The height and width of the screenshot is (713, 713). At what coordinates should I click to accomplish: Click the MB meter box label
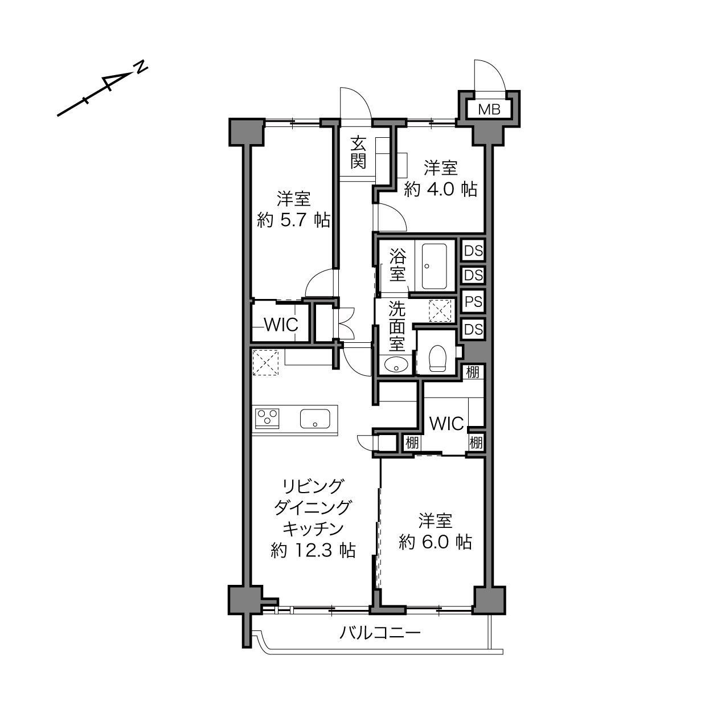click(489, 109)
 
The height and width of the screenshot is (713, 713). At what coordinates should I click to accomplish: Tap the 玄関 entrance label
click(359, 152)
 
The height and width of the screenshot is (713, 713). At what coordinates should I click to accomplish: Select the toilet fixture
click(437, 358)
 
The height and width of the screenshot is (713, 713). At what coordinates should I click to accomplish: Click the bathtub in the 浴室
click(435, 267)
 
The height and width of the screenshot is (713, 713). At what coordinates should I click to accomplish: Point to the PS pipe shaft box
click(474, 302)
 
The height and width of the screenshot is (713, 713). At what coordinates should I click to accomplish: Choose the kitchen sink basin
click(315, 419)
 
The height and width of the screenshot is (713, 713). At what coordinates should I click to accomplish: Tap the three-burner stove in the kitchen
click(267, 418)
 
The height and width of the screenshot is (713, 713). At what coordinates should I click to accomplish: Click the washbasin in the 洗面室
click(396, 365)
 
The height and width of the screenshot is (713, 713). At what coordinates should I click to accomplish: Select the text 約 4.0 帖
click(440, 190)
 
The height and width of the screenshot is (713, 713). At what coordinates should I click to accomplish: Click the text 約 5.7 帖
click(293, 221)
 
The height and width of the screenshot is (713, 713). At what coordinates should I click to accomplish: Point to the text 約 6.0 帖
click(435, 542)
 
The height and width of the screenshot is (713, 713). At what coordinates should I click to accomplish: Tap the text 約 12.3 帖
click(313, 551)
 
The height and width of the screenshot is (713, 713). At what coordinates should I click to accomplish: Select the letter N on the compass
click(141, 68)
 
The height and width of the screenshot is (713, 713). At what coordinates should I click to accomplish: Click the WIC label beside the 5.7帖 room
click(281, 325)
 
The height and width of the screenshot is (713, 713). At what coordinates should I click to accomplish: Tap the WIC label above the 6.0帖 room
click(446, 424)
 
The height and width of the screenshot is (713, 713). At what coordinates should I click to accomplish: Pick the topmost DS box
click(474, 251)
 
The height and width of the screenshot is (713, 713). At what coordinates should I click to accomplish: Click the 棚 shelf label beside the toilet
click(473, 372)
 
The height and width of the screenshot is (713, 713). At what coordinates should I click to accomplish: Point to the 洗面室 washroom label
click(397, 326)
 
